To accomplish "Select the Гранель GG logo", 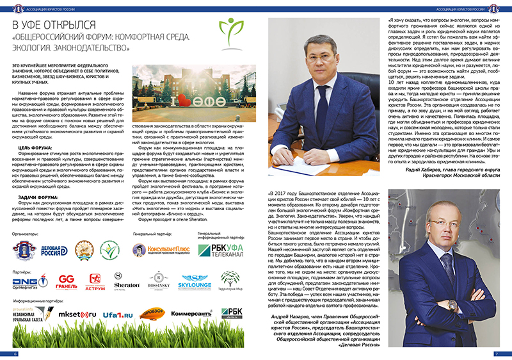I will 67,281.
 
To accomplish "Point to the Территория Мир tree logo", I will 229,280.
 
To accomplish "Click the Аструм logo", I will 96,280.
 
